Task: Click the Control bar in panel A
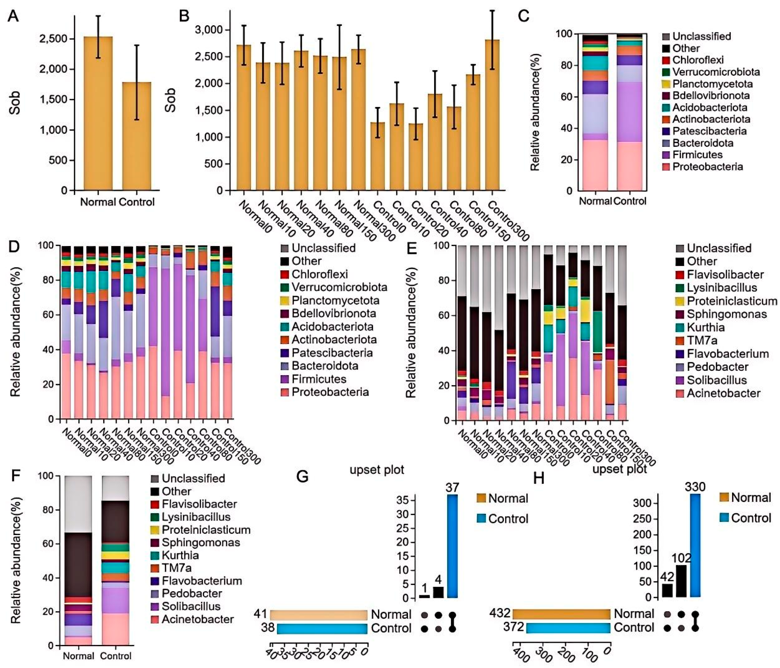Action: pos(136,135)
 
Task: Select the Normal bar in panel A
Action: pos(98,113)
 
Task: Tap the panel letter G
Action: pos(302,477)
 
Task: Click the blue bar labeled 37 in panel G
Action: pos(452,546)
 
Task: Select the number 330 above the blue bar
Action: pos(695,487)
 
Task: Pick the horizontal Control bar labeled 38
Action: pos(322,629)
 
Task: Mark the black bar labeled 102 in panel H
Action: pos(681,581)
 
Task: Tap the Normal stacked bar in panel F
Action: pos(78,561)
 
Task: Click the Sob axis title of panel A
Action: pos(14,102)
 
